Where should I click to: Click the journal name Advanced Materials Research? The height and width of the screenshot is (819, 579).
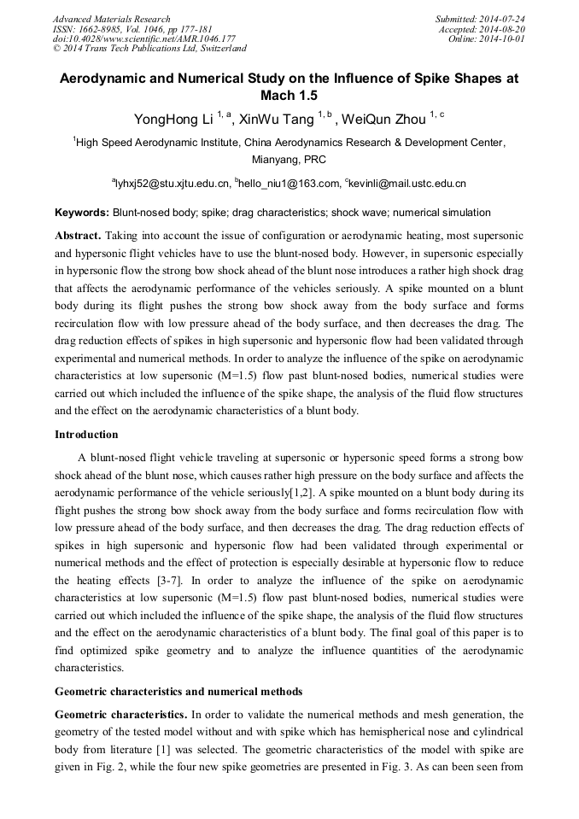[x=112, y=19]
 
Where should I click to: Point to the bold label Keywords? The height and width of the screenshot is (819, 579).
[x=82, y=212]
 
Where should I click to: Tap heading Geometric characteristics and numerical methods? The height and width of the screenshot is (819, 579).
[x=178, y=691]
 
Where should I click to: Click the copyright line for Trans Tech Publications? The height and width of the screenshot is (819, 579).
[x=149, y=49]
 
